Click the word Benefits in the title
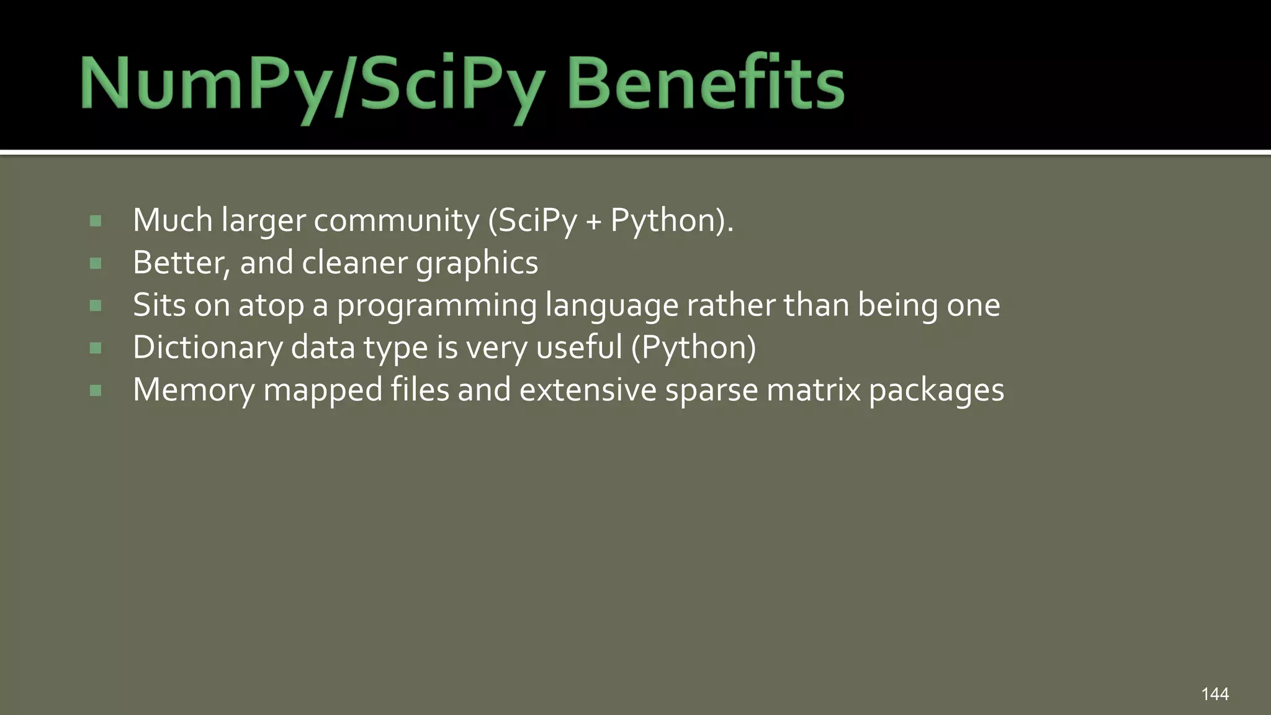[x=706, y=83]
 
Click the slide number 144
[x=1215, y=694]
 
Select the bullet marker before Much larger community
[x=96, y=221]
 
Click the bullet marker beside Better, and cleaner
[x=96, y=263]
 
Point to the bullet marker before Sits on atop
[x=96, y=305]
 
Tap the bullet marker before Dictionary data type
[x=96, y=348]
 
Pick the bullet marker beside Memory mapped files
[x=96, y=390]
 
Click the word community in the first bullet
[x=397, y=221]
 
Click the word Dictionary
[x=208, y=348]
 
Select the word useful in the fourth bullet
[x=579, y=348]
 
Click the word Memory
[x=194, y=391]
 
